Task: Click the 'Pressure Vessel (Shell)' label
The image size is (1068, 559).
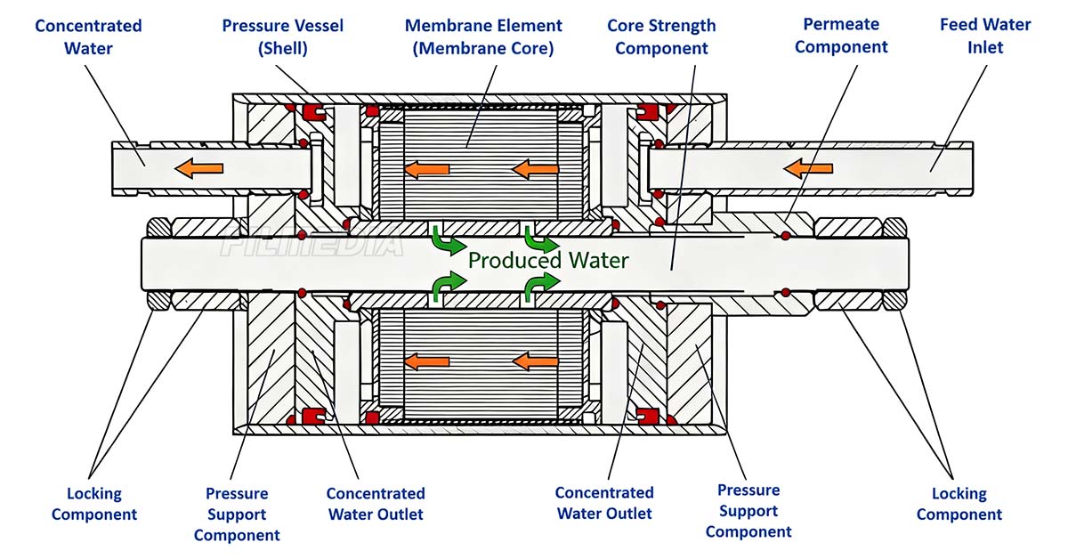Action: pyautogui.click(x=283, y=36)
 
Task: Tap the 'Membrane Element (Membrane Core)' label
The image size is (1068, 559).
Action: pyautogui.click(x=483, y=36)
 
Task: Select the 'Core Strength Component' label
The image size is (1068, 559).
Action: pyautogui.click(x=661, y=36)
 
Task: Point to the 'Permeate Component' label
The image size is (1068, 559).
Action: pyautogui.click(x=841, y=36)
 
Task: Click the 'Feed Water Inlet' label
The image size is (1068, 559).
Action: pyautogui.click(x=985, y=36)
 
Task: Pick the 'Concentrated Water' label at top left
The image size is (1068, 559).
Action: pyautogui.click(x=88, y=36)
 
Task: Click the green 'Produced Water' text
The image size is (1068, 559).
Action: pyautogui.click(x=548, y=261)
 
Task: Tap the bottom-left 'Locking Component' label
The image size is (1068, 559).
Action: pyautogui.click(x=94, y=504)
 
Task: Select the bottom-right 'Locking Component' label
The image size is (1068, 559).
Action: pyautogui.click(x=959, y=504)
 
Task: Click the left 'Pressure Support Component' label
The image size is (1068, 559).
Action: pyautogui.click(x=237, y=514)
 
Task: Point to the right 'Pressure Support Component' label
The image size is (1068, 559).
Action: pyautogui.click(x=748, y=511)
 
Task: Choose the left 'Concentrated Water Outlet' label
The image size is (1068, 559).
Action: pyautogui.click(x=376, y=504)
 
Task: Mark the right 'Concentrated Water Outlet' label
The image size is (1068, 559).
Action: pyautogui.click(x=604, y=503)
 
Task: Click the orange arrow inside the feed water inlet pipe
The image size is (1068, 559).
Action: pyautogui.click(x=808, y=168)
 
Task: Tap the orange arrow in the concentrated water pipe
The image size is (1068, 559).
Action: pyautogui.click(x=198, y=168)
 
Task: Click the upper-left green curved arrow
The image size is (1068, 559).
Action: pyautogui.click(x=449, y=241)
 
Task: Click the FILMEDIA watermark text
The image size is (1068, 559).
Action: pyautogui.click(x=312, y=241)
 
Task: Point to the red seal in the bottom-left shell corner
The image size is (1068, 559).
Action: pyautogui.click(x=314, y=416)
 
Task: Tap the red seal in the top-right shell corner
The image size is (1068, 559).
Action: pyautogui.click(x=646, y=111)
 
